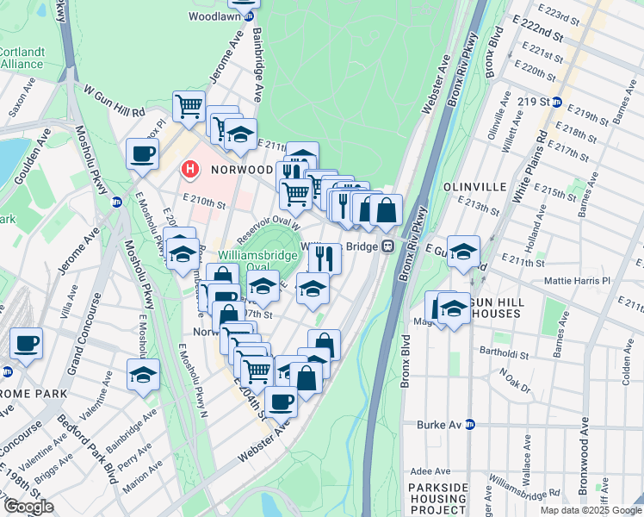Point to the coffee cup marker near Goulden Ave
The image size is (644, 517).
click(143, 155)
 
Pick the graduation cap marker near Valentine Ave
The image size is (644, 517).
click(143, 375)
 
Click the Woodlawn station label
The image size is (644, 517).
click(214, 16)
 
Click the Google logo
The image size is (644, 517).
click(28, 507)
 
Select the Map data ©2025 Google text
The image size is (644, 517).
click(590, 510)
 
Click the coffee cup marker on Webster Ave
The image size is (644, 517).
click(281, 402)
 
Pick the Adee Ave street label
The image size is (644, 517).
click(432, 471)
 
